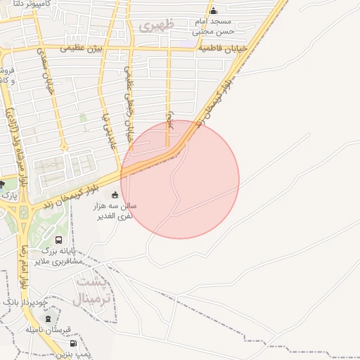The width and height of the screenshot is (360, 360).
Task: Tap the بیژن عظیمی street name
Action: pyautogui.click(x=81, y=49)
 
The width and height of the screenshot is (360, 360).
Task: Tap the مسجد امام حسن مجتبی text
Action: pyautogui.click(x=215, y=27)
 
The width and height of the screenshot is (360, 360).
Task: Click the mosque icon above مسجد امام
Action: pyautogui.click(x=214, y=11)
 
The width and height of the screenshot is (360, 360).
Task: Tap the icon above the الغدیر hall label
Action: pyautogui.click(x=115, y=195)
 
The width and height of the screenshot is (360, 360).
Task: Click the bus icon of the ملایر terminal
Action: pyautogui.click(x=58, y=240)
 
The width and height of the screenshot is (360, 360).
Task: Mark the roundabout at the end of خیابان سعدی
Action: pyautogui.click(x=63, y=148)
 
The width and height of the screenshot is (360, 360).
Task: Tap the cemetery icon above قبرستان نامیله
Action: pyautogui.click(x=48, y=319)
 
